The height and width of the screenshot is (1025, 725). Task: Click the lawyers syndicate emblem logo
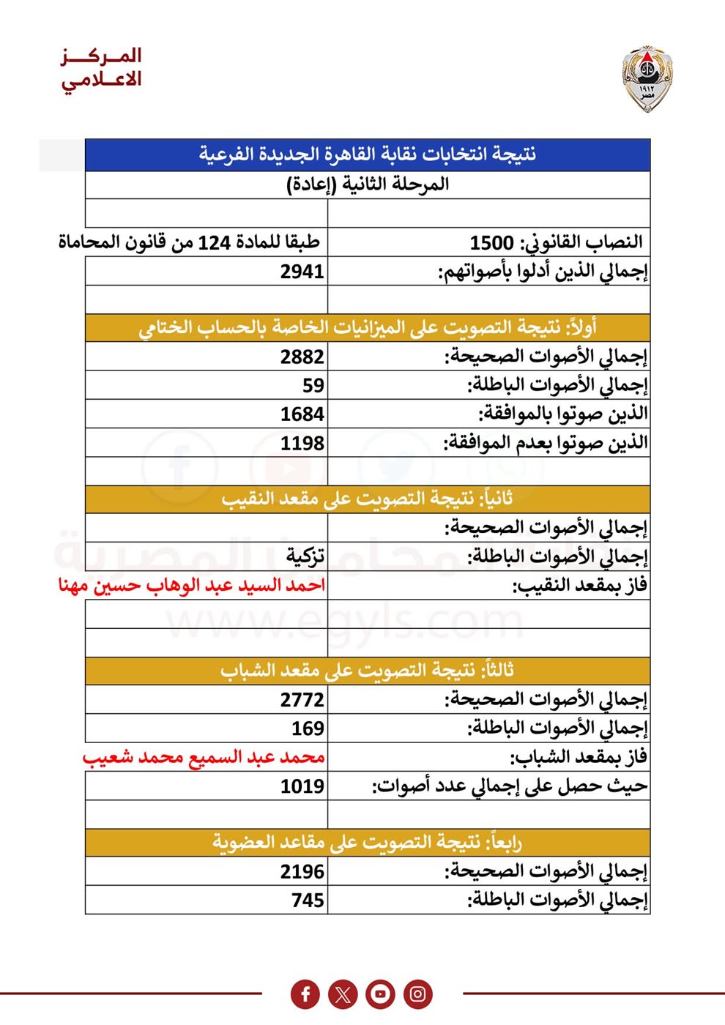click(647, 79)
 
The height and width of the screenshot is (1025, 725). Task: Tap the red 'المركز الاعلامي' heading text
click(101, 68)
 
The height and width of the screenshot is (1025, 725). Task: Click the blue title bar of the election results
click(368, 154)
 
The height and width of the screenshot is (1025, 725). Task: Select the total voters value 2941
click(302, 272)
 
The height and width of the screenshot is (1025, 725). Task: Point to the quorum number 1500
click(491, 242)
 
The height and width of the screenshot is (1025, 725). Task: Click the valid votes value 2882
click(302, 357)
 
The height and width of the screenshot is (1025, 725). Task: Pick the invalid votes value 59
click(313, 385)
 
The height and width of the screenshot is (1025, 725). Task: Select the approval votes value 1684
click(302, 414)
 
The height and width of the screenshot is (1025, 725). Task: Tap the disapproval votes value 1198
click(302, 443)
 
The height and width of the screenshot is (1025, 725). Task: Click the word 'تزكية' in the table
click(305, 556)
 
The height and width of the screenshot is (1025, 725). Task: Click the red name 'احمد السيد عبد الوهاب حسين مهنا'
click(191, 586)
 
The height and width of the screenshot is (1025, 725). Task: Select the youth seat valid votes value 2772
click(302, 700)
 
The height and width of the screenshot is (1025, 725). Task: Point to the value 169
click(308, 728)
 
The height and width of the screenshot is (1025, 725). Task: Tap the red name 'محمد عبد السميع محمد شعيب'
click(203, 757)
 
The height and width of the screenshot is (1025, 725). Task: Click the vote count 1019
click(302, 786)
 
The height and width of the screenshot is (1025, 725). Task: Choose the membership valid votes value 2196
click(302, 872)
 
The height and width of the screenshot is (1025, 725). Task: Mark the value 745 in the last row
click(308, 900)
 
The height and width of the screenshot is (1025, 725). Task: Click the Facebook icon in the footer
click(305, 994)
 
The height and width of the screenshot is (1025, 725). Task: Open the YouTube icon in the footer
click(380, 994)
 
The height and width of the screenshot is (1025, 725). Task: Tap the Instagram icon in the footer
click(417, 994)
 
